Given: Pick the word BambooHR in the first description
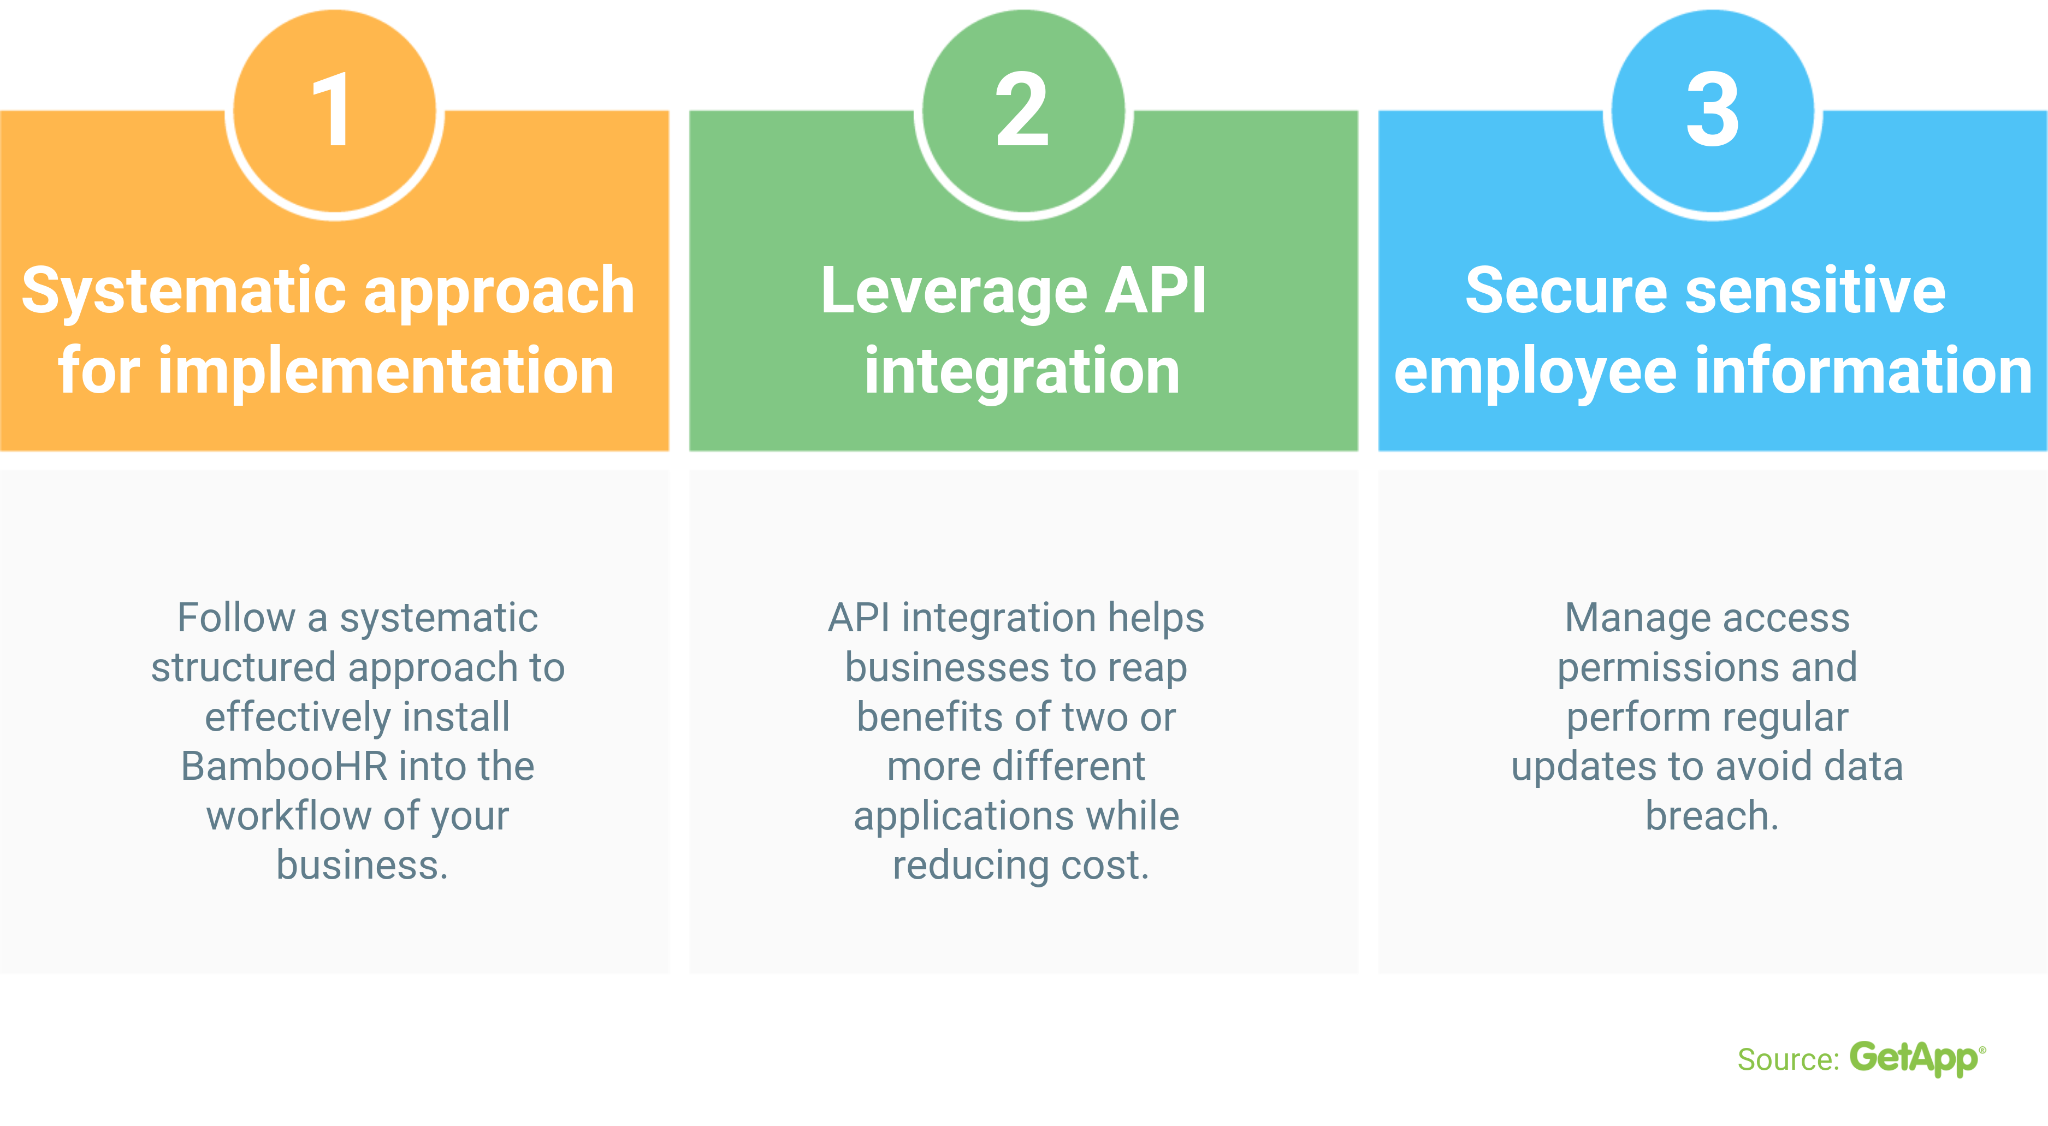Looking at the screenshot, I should tap(284, 767).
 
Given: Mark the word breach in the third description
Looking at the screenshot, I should tap(1709, 816).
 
